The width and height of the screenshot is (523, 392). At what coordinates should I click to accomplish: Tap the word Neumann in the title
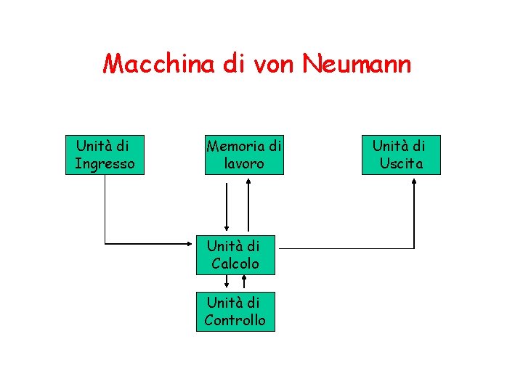[x=357, y=64]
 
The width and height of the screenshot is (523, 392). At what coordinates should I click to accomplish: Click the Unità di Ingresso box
[x=105, y=155]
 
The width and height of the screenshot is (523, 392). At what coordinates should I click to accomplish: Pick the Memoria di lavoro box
[x=243, y=155]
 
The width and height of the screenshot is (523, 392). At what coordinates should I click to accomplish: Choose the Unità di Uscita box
[x=401, y=155]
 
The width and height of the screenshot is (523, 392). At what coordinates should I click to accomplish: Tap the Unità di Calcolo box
[x=235, y=255]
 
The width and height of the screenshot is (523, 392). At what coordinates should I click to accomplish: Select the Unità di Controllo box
[x=235, y=311]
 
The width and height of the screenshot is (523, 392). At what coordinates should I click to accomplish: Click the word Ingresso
[x=105, y=164]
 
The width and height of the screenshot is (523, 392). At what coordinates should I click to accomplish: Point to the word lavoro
[x=244, y=164]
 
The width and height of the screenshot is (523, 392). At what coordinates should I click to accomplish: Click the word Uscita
[x=401, y=164]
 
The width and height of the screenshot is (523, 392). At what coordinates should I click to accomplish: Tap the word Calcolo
[x=235, y=264]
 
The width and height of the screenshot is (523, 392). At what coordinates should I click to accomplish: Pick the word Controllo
[x=235, y=320]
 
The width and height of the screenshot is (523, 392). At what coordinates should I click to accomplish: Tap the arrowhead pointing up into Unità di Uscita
[x=415, y=181]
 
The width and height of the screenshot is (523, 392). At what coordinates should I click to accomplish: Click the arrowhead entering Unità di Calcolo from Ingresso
[x=192, y=242]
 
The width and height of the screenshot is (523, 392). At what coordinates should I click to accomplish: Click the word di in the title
[x=232, y=64]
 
